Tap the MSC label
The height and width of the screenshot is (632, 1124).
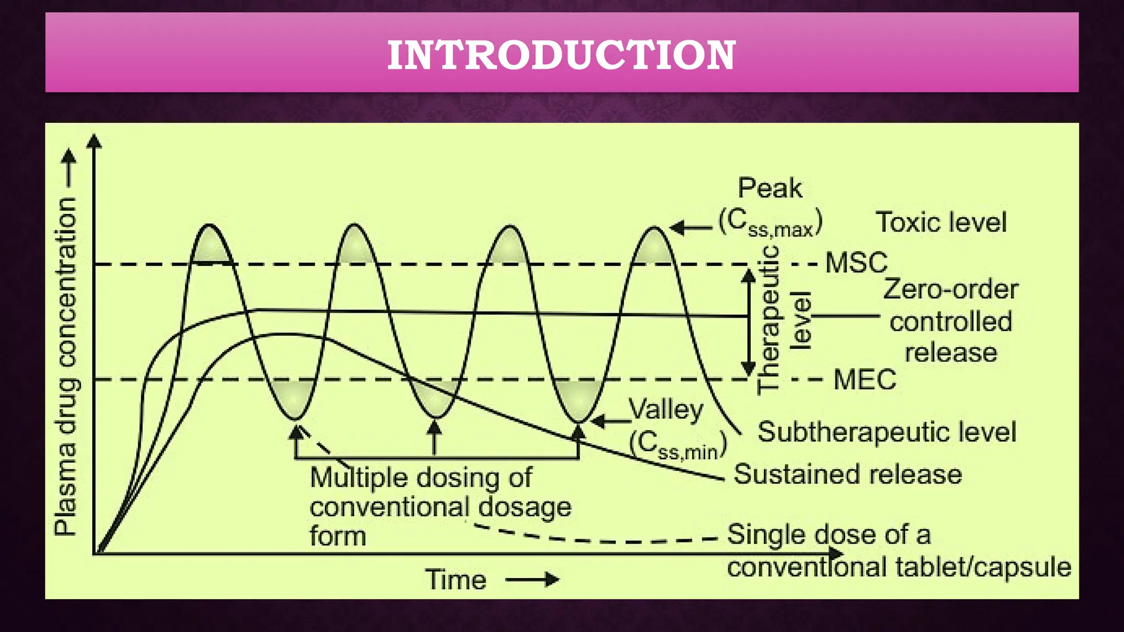(856, 263)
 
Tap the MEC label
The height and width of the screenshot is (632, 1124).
(864, 380)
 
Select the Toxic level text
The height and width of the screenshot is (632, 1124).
(941, 222)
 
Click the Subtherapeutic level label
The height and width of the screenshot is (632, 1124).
(886, 432)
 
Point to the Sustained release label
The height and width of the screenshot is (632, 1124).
(847, 475)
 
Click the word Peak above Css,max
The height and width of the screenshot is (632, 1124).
(769, 188)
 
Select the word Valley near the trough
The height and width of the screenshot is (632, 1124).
(666, 409)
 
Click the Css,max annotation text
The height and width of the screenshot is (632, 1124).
(771, 223)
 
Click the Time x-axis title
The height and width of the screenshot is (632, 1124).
(456, 580)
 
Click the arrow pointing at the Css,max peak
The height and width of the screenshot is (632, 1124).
(691, 227)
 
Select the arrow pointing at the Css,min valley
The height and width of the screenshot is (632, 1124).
(610, 421)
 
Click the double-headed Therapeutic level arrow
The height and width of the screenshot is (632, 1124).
(749, 323)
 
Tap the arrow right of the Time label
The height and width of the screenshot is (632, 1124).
(532, 580)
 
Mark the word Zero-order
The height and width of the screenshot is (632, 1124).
(951, 289)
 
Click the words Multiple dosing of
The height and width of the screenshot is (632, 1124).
(420, 477)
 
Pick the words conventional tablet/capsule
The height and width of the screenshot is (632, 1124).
(899, 567)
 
